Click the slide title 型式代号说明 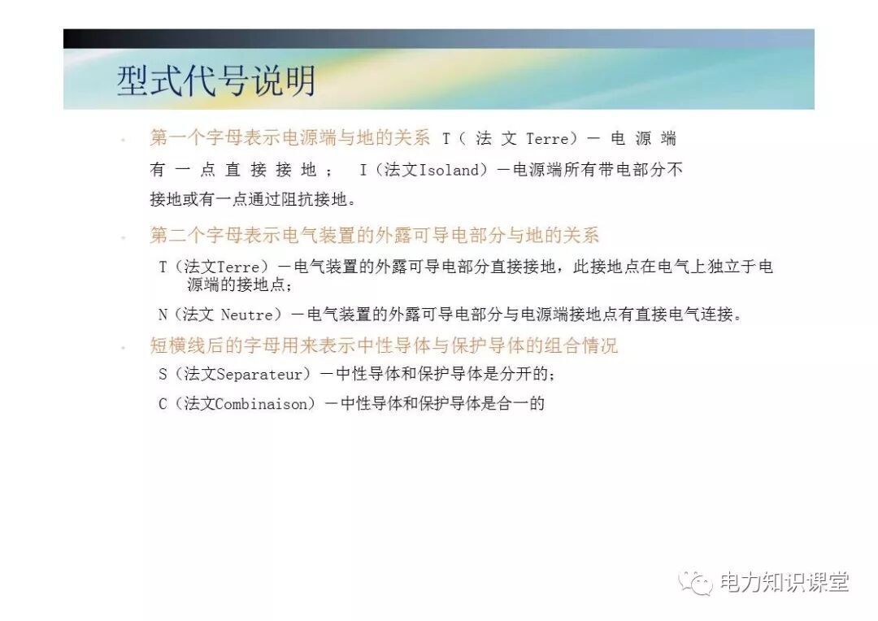(x=215, y=82)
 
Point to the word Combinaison (x=265, y=403)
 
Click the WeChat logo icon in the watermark (x=696, y=582)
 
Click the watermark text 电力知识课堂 (x=785, y=582)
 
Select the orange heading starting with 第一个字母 (x=290, y=138)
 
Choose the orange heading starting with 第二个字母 (x=375, y=236)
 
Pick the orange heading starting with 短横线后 (x=384, y=345)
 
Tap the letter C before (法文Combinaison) (x=163, y=403)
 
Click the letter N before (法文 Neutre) (x=163, y=315)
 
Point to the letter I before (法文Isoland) (x=363, y=170)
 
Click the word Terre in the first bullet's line (x=547, y=139)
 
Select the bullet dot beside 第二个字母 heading (x=123, y=237)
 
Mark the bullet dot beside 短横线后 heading (x=123, y=347)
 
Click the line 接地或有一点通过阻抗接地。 (x=253, y=199)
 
